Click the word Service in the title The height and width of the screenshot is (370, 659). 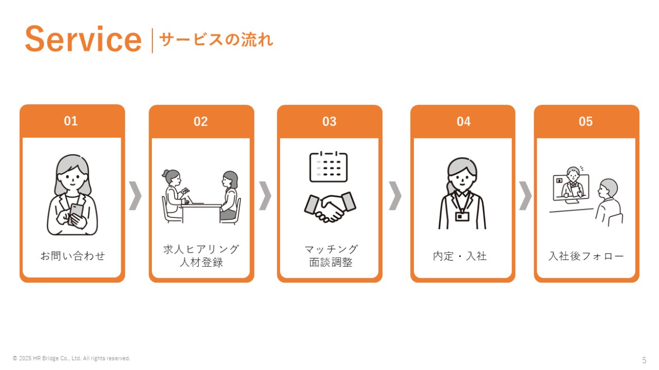point(83,39)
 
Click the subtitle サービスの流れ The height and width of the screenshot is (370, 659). point(216,39)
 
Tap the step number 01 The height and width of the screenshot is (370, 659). point(71,121)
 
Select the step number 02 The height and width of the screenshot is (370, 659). point(201,122)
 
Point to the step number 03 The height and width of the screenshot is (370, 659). point(329,122)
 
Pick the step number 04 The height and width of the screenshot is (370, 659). point(463,122)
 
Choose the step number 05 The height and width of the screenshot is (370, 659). point(586,122)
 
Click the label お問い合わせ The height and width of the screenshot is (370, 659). point(73,256)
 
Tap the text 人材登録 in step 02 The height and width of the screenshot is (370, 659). point(201,262)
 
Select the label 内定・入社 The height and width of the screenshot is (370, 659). point(460,256)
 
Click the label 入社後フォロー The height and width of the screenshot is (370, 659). point(586,256)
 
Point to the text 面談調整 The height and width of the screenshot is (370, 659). point(331,262)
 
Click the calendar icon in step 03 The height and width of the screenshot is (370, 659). point(328,167)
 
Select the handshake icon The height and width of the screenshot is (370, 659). point(330,207)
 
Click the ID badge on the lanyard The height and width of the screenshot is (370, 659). point(462,216)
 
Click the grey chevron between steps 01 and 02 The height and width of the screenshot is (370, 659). point(135,196)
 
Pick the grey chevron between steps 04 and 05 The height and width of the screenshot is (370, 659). point(526,196)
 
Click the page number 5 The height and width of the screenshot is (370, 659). point(644,360)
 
